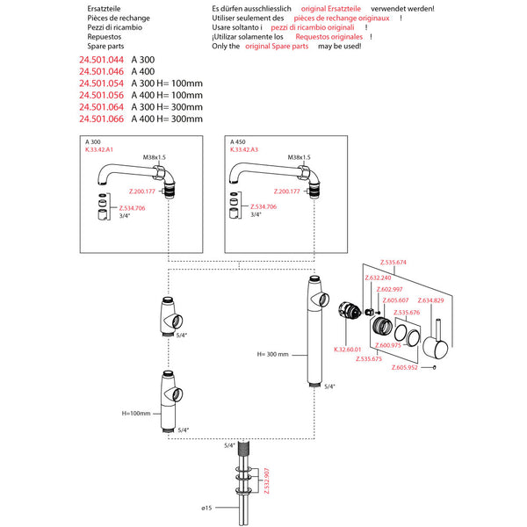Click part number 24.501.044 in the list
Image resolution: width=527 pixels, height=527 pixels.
[100, 59]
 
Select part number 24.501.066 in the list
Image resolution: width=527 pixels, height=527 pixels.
[100, 119]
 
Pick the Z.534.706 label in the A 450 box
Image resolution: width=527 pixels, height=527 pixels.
[264, 206]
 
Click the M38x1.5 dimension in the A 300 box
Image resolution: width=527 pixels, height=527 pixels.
[156, 157]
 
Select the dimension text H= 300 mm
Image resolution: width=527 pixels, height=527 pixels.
[273, 354]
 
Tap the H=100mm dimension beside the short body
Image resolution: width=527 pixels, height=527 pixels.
[139, 413]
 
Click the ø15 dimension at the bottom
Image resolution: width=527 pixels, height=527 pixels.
[207, 508]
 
